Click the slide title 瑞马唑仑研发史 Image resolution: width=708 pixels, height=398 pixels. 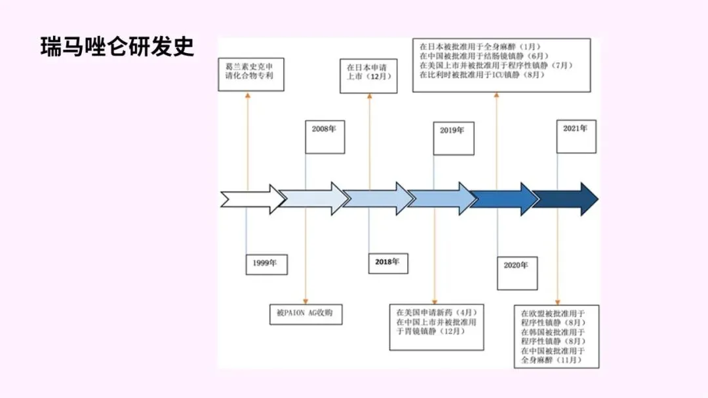(117, 47)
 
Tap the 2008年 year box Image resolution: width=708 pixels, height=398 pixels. (324, 137)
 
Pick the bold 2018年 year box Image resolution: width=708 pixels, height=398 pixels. (387, 262)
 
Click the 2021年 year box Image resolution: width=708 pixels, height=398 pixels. (576, 136)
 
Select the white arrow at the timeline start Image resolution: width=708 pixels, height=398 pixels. (253, 199)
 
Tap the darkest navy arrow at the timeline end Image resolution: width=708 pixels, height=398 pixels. (565, 199)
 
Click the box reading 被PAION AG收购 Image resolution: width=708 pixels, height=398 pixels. (305, 314)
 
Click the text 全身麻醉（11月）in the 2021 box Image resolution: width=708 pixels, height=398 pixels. (551, 360)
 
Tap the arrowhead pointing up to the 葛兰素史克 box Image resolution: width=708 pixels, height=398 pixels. (247, 96)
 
